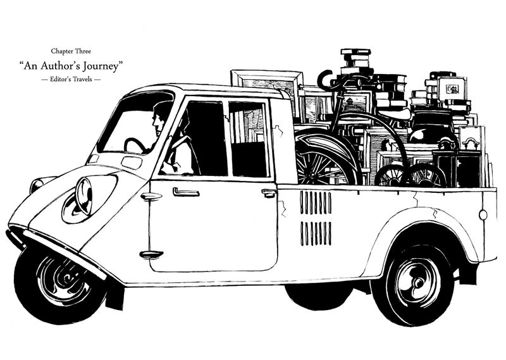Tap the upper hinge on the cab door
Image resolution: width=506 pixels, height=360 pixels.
pos(152,196)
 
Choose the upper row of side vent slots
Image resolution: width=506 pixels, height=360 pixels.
pos(315,203)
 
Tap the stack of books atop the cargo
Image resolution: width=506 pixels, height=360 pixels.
pos(355,61)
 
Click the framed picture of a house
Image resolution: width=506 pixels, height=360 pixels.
pos(453,89)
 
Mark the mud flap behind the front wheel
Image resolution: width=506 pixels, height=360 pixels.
pos(114,294)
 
